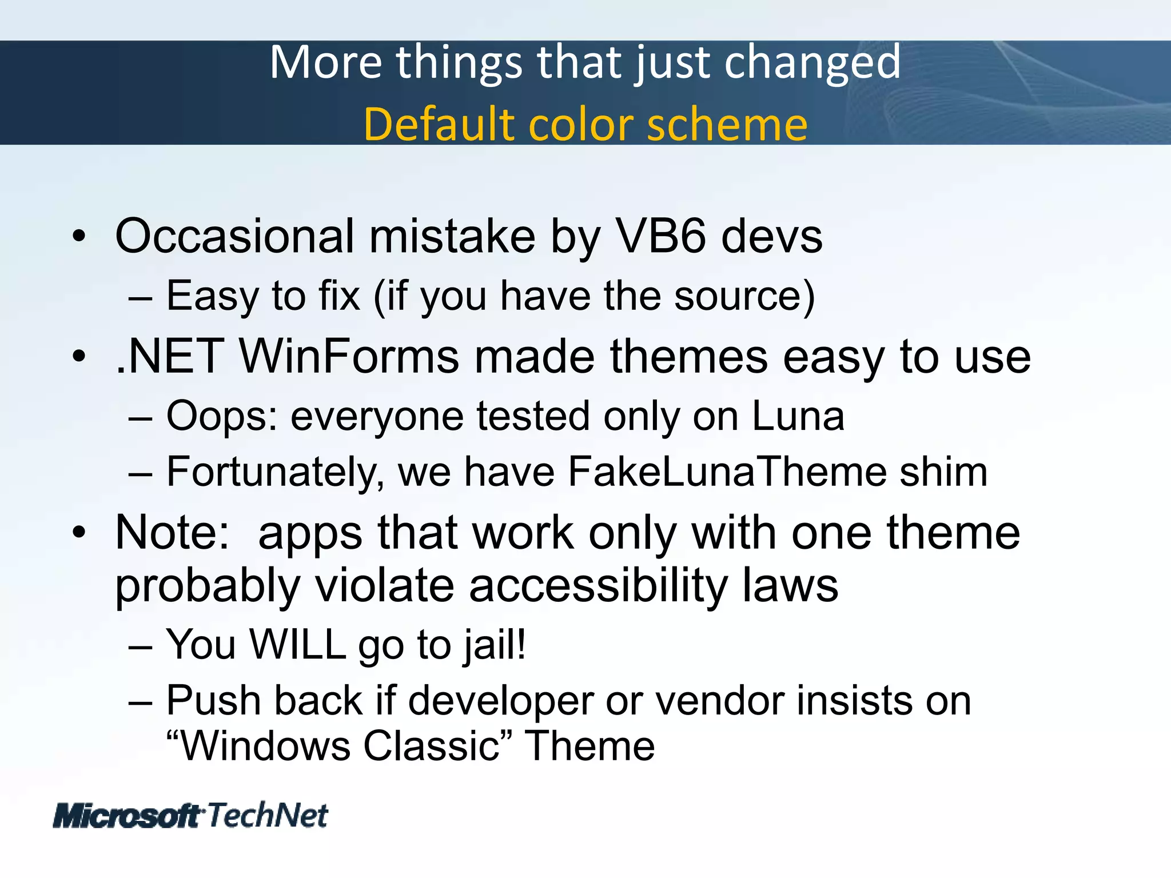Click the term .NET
pyautogui.click(x=169, y=357)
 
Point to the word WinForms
pyautogui.click(x=349, y=357)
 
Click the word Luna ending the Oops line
pyautogui.click(x=798, y=416)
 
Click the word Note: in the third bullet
pyautogui.click(x=172, y=533)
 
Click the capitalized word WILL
pyautogui.click(x=297, y=645)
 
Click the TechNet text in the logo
pyautogui.click(x=268, y=815)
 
